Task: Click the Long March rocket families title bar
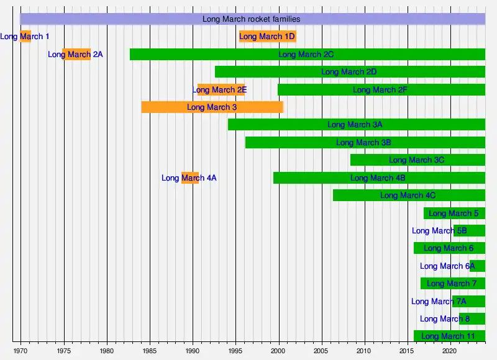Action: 252,19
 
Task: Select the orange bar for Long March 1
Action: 25,36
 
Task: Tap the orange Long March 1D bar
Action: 267,36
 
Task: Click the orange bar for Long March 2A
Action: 76,54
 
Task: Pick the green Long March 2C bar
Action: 307,54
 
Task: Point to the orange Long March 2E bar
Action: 221,89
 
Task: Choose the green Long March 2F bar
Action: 381,89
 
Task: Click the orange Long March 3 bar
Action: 212,107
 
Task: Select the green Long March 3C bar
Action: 417,160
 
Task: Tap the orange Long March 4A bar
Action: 189,178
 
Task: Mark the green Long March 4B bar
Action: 378,178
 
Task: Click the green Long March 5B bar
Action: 469,230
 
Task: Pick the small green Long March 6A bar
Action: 477,266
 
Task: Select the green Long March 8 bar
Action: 472,318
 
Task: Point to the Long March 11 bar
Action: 449,336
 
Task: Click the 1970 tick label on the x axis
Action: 21,350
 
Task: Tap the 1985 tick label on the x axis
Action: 149,350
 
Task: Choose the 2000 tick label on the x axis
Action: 278,350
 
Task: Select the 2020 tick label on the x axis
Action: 450,350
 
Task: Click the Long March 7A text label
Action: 439,301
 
